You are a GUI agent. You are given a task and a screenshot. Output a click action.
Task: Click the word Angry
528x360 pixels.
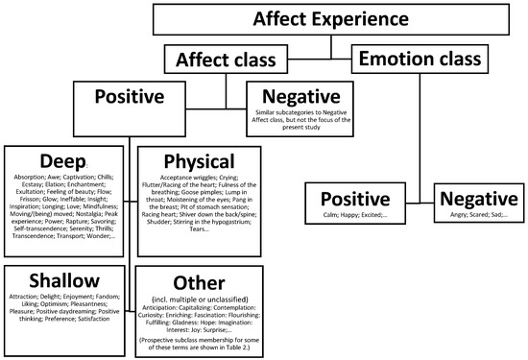pyautogui.click(x=445, y=216)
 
